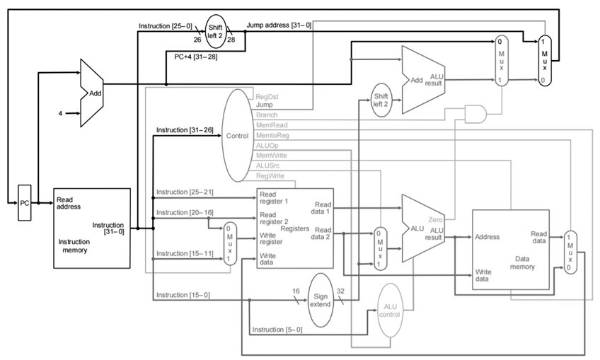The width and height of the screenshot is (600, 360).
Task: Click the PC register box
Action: [x=25, y=203]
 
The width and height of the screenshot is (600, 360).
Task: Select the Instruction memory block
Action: [x=92, y=228]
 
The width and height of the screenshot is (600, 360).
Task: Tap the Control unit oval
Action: [x=238, y=135]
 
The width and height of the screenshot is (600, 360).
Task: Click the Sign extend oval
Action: [x=321, y=301]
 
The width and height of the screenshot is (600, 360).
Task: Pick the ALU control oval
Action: [x=390, y=310]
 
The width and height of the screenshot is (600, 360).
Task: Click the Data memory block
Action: [x=511, y=250]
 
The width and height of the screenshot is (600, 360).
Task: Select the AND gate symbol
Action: [x=475, y=114]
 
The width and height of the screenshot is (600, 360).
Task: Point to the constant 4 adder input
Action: [x=60, y=113]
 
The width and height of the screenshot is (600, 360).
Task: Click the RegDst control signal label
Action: [x=267, y=97]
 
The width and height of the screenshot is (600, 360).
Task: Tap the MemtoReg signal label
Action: [x=272, y=135]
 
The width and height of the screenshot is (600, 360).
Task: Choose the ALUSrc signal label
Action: [x=267, y=166]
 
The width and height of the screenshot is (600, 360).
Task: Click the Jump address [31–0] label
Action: [x=279, y=25]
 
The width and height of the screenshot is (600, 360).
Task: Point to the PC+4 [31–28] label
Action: [x=195, y=57]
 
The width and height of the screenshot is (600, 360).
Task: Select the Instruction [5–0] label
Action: [x=277, y=330]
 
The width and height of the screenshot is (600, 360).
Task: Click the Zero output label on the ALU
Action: [x=435, y=219]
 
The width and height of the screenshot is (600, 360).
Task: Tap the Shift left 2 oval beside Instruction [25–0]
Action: [x=215, y=31]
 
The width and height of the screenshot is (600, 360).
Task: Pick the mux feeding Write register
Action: [x=229, y=244]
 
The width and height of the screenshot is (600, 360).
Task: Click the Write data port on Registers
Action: [x=267, y=259]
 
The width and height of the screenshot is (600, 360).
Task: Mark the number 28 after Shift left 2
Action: [x=231, y=40]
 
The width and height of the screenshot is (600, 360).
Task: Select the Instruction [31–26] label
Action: [x=185, y=130]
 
